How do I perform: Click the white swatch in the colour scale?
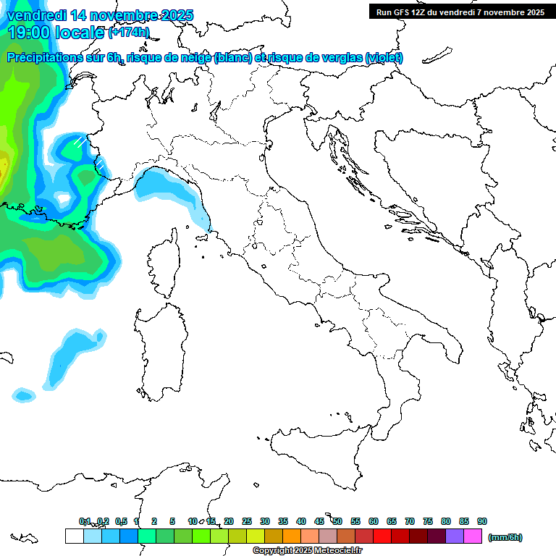tap(74, 536)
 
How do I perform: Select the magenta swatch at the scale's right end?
tap(473, 536)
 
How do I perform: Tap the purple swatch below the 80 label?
tap(455, 536)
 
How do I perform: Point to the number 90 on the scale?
tap(482, 521)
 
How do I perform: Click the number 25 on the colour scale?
tap(247, 521)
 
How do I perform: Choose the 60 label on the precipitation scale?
tap(374, 521)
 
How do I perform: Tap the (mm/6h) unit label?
tap(505, 537)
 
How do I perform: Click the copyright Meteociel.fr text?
tap(307, 551)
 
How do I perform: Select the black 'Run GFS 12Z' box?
tap(459, 12)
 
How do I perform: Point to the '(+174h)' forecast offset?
tap(128, 33)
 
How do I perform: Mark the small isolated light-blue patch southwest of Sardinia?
tap(24, 395)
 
